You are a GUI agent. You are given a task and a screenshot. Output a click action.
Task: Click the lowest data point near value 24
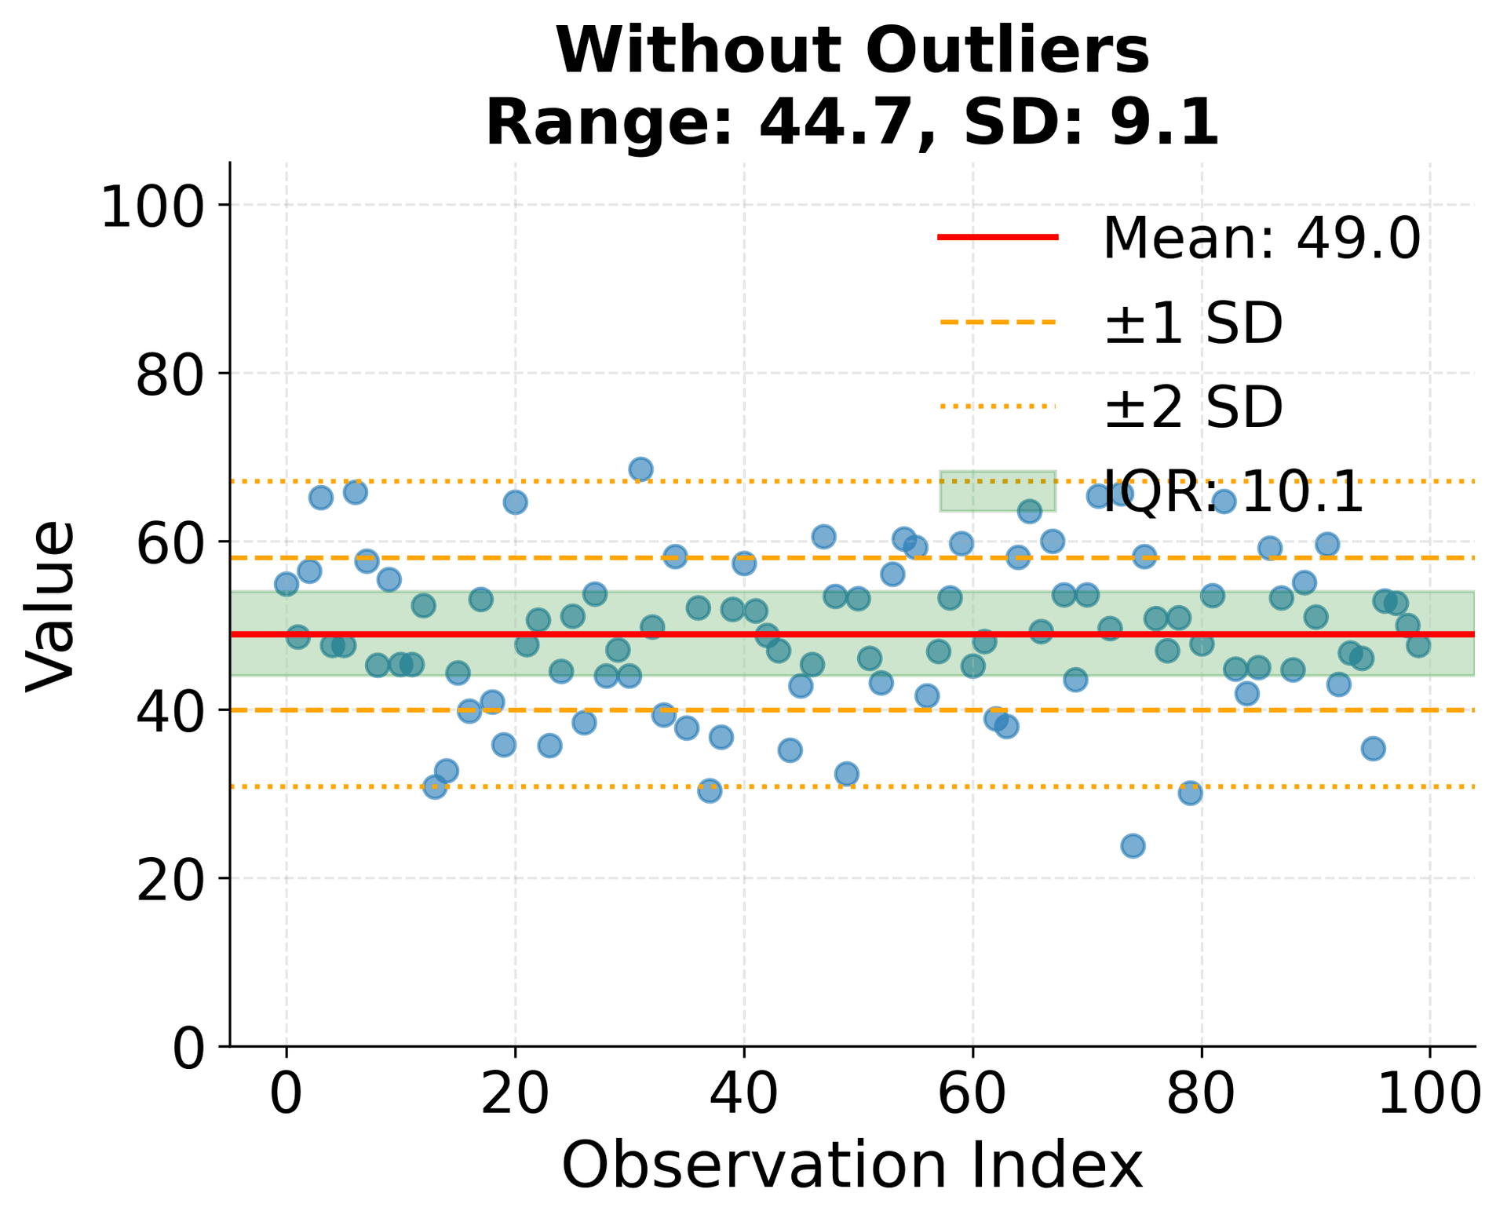1133,845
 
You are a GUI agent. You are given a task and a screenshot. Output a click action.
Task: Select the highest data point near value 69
640,469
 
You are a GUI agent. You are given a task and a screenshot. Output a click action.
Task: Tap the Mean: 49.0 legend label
1261,238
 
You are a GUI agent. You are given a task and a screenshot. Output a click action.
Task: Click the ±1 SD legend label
1193,323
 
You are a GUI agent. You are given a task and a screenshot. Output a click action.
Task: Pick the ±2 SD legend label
1193,407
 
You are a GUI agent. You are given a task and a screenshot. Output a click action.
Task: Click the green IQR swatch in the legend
998,491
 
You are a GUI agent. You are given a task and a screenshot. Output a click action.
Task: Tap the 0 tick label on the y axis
188,1047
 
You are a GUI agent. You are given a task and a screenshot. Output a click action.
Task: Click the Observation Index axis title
852,1167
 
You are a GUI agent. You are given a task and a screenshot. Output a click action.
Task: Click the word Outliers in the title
1008,51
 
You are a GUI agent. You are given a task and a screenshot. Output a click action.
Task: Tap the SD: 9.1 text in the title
1091,123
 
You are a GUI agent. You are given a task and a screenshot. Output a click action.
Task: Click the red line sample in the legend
998,236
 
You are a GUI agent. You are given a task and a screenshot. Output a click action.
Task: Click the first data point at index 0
286,584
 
